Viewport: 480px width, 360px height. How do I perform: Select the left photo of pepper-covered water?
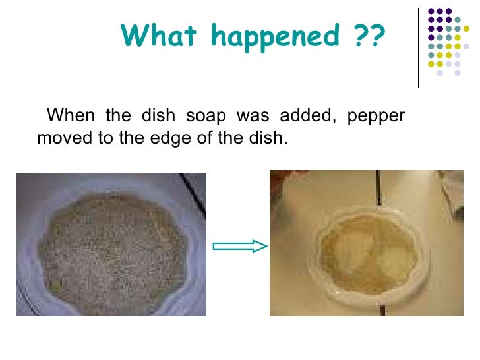111,244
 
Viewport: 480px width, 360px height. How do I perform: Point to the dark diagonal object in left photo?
193,195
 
